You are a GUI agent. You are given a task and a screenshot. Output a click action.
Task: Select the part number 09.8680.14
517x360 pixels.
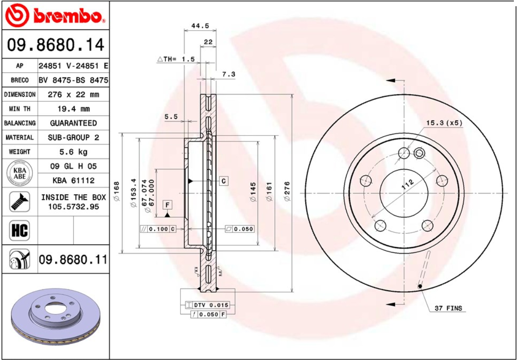click(56, 45)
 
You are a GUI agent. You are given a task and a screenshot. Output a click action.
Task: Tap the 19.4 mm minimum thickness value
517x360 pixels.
click(73, 108)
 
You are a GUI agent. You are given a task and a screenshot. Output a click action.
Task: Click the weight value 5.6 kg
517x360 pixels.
click(73, 152)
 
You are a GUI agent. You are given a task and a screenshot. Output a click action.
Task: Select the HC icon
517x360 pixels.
click(19, 230)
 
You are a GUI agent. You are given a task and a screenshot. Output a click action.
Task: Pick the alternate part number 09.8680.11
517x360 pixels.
click(73, 259)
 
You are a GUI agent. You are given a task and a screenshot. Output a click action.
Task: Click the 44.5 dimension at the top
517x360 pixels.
click(200, 26)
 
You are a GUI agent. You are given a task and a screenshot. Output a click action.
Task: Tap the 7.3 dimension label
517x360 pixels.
click(228, 74)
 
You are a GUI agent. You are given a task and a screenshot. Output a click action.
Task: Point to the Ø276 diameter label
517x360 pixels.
click(287, 192)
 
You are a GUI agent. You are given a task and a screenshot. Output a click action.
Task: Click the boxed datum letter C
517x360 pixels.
click(224, 181)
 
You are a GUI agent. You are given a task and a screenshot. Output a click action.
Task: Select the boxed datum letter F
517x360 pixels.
click(167, 205)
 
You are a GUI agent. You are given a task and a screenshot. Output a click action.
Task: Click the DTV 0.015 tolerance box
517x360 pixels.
click(211, 305)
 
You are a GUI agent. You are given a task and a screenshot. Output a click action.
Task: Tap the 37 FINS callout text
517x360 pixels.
click(448, 308)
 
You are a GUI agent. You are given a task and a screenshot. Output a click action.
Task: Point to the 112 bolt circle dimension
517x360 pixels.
click(407, 184)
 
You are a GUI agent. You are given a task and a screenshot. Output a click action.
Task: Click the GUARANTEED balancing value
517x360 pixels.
click(73, 123)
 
